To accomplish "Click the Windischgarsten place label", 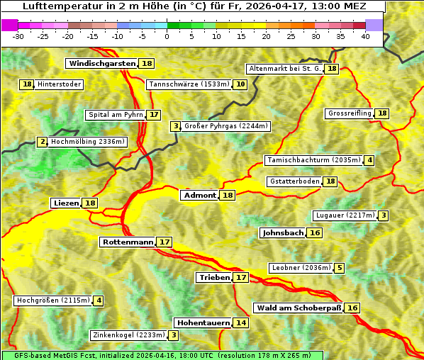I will pos(101,64).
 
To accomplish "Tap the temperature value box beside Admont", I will pos(228,196).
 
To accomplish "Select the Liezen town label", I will pos(66,203).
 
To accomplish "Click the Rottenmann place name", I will pos(128,242).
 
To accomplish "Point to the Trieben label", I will pos(214,278).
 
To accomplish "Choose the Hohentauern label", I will pos(203,323).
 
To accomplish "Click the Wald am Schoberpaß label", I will pos(298,308).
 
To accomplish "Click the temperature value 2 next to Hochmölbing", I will pos(43,142).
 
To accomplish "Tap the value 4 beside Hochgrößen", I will pos(99,300).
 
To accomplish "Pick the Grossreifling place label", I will pos(350,113).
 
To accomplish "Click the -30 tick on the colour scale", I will pos(18,36).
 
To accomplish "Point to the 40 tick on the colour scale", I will pos(365,36).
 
